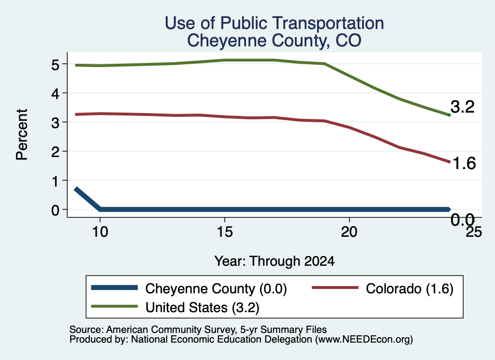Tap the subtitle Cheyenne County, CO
[274, 41]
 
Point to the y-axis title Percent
[22, 134]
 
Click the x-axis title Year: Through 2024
[275, 261]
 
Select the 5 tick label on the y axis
[55, 65]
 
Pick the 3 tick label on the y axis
[55, 123]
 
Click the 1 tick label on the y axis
[56, 181]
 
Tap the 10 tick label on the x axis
[100, 232]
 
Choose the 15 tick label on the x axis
[225, 232]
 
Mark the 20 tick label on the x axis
[349, 232]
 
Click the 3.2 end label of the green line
[463, 107]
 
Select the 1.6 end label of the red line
[464, 163]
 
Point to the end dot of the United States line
[449, 115]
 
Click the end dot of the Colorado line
[449, 161]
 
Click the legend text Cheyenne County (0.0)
[216, 288]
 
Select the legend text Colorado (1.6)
[409, 288]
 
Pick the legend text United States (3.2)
[203, 308]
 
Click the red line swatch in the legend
[335, 288]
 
